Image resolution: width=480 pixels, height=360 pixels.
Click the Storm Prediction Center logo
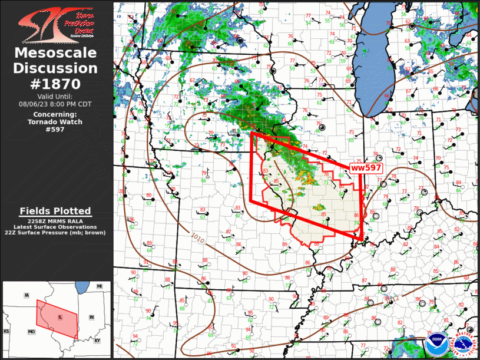pos(56,22)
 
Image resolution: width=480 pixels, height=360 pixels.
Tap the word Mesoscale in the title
pos(55,54)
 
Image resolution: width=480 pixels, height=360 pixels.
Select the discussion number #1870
pos(55,83)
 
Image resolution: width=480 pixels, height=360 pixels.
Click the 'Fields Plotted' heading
pos(55,211)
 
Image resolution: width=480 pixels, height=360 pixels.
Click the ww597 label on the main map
pos(366,168)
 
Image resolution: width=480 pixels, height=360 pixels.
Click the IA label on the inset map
pos(27,294)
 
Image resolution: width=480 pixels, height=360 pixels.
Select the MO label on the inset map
pos(31,332)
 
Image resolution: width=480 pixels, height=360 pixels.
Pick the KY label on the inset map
pos(98,341)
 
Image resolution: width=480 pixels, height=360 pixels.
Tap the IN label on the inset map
pos(91,317)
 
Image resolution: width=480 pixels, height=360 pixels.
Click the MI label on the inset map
pos(100,286)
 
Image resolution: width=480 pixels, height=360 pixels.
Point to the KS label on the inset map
pos(6,332)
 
